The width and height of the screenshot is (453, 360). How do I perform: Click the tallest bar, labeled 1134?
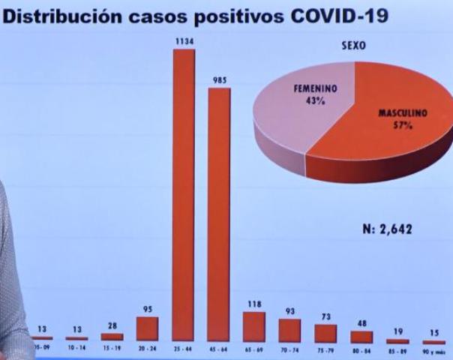(184, 195)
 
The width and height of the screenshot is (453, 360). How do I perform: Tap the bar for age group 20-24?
(147, 328)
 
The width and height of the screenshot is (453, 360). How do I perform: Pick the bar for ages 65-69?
(254, 326)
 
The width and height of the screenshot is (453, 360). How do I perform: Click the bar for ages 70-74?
(289, 330)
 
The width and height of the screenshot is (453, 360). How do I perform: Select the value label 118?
(254, 305)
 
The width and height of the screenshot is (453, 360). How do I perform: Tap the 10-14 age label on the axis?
(76, 349)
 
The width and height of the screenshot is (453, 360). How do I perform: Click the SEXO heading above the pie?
(352, 46)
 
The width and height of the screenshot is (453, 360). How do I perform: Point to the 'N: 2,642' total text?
(387, 229)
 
